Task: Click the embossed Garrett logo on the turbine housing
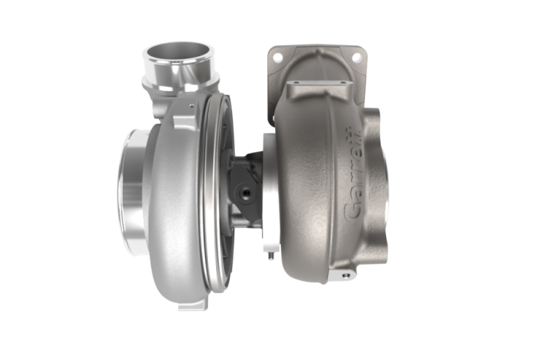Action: coord(353,174)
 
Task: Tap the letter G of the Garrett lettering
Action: coord(352,210)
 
